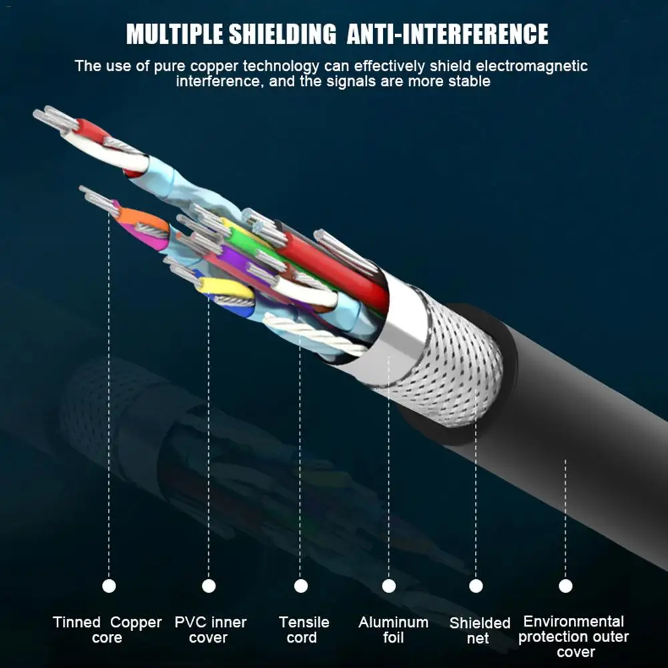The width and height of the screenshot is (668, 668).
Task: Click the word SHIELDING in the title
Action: tap(282, 34)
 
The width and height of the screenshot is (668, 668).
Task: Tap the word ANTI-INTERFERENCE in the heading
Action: tap(447, 34)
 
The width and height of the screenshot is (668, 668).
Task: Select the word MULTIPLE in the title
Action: tap(175, 34)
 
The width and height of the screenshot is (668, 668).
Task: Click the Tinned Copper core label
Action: tap(107, 630)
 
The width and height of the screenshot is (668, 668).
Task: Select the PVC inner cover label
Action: tap(210, 630)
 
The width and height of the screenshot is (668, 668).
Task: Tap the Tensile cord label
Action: tap(304, 630)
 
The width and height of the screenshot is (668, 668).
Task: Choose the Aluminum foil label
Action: tap(393, 630)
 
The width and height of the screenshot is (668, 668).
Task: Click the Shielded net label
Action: tap(480, 631)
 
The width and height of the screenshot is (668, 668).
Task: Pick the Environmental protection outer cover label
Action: tap(573, 637)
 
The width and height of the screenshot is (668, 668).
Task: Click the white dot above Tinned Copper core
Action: tap(109, 586)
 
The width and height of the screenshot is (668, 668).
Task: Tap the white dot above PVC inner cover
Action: tap(209, 586)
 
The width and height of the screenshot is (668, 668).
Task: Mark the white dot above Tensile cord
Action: tap(301, 586)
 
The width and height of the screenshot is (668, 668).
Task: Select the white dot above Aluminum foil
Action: tap(388, 586)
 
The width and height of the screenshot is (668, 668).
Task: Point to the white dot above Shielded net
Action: tap(476, 586)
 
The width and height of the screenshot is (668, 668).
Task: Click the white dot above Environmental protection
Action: tap(565, 586)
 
